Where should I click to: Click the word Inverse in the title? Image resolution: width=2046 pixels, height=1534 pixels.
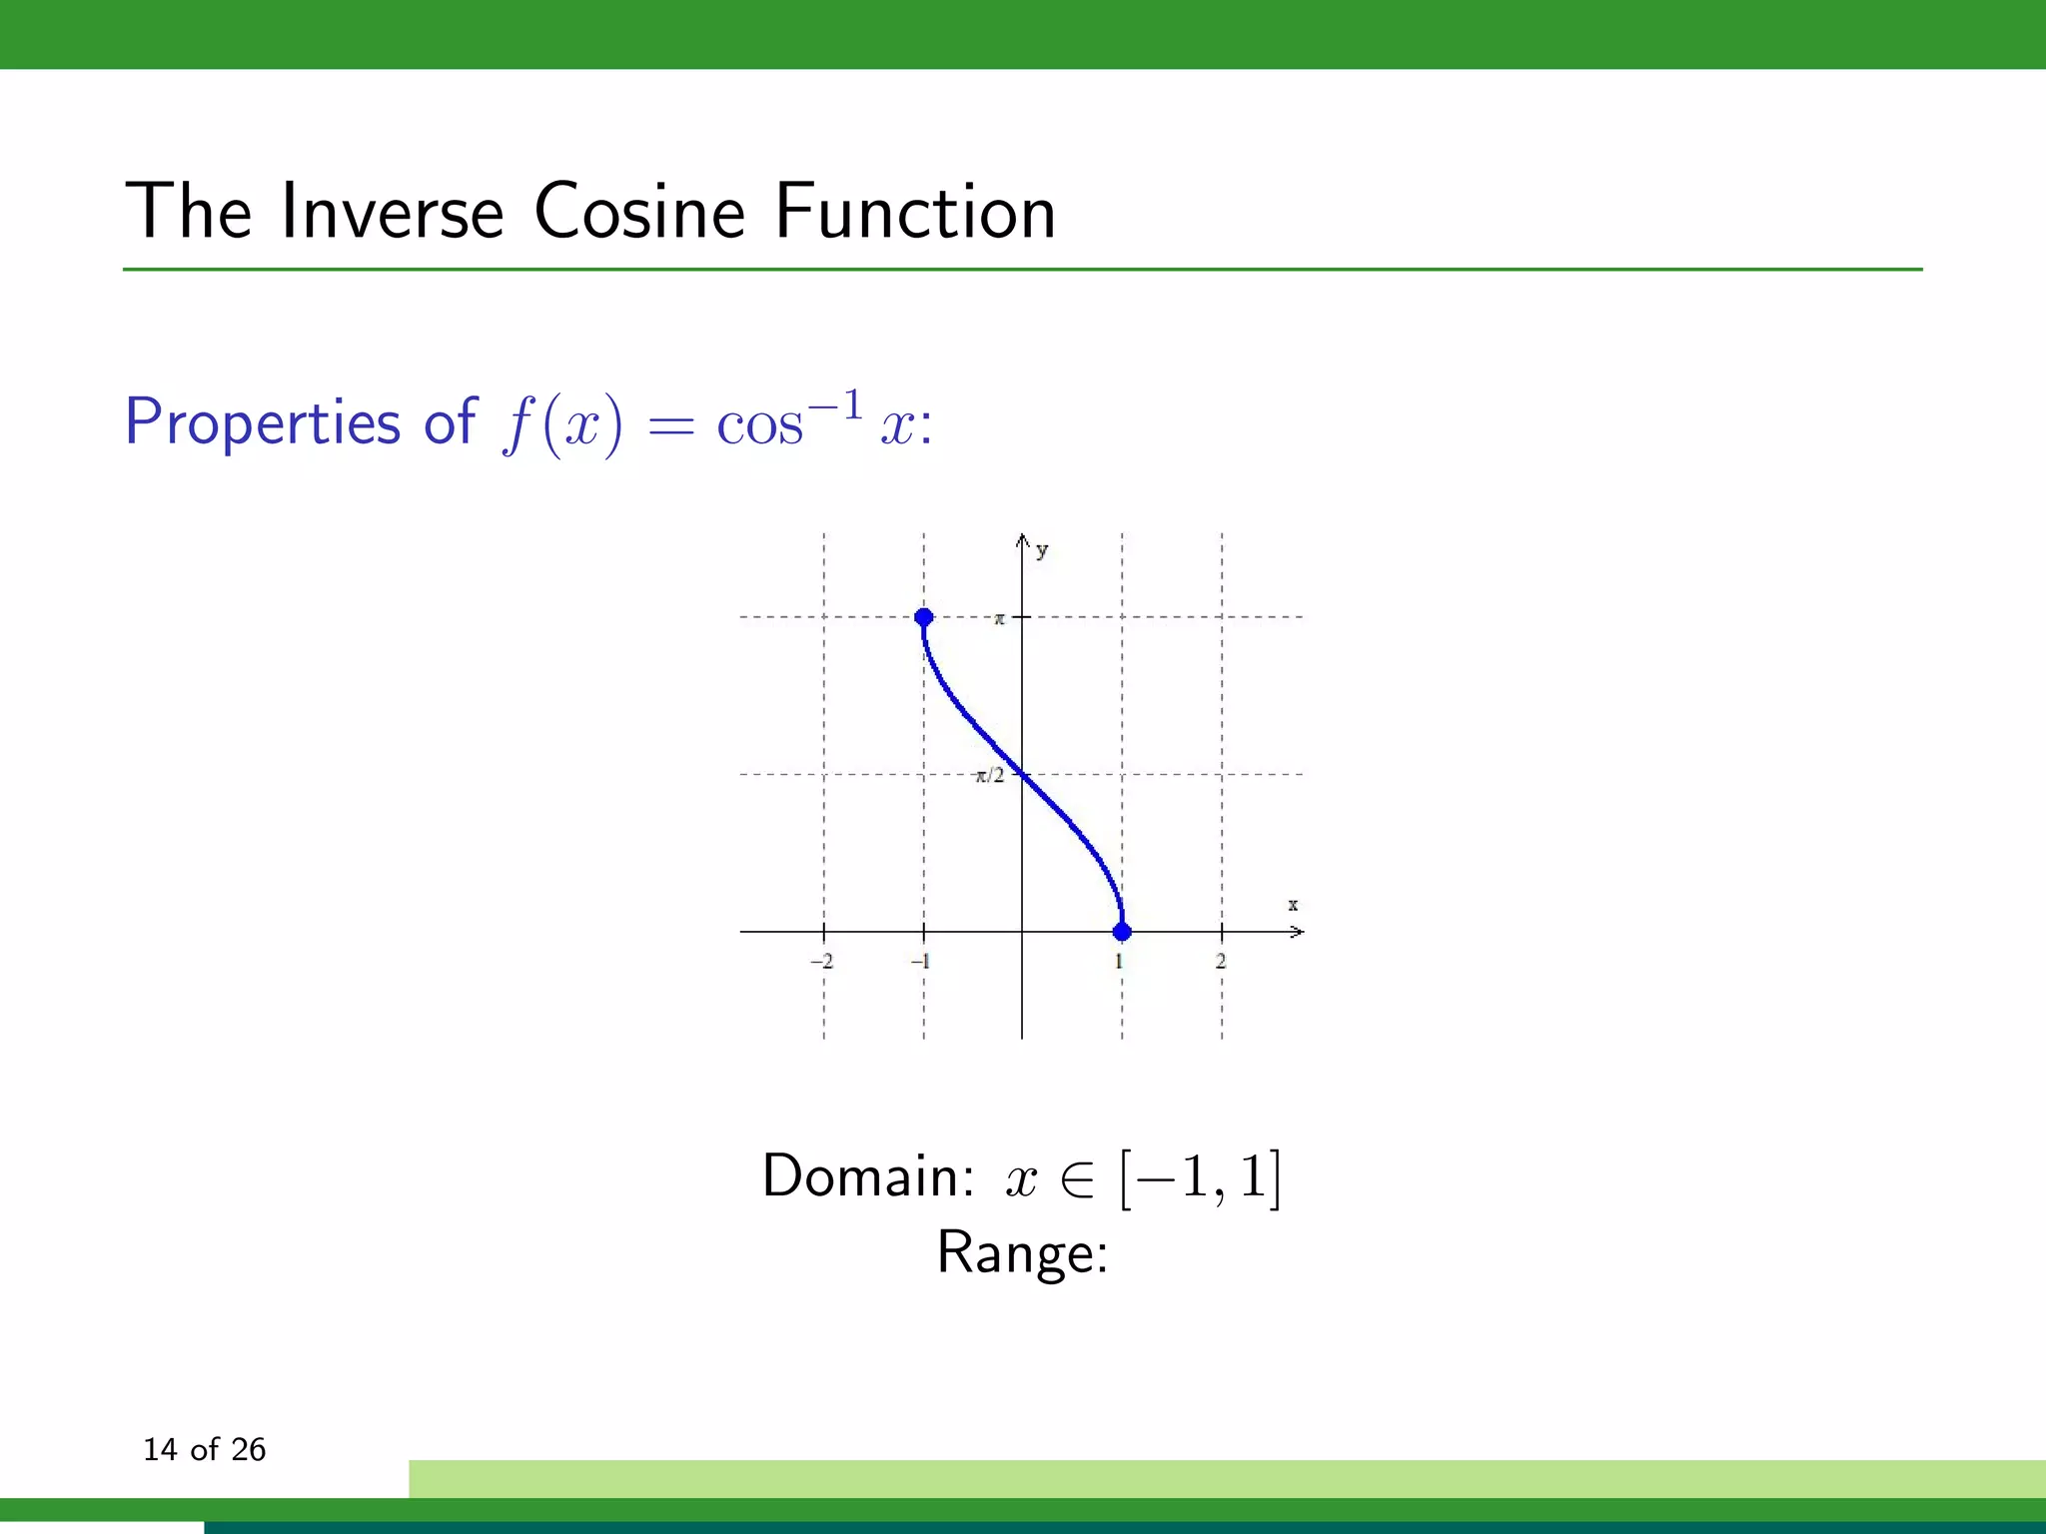tap(393, 212)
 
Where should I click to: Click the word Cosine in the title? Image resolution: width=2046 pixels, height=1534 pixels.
tap(639, 212)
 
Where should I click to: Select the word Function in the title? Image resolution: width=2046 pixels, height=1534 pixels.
tap(915, 212)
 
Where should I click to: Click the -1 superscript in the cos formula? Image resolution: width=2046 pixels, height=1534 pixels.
tap(836, 405)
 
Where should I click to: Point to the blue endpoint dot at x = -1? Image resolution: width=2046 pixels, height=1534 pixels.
tap(924, 617)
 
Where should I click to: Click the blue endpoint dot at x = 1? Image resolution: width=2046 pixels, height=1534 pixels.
tap(1122, 932)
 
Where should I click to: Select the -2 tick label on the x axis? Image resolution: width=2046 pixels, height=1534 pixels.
tap(821, 961)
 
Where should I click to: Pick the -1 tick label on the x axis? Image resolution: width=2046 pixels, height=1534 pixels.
tap(920, 961)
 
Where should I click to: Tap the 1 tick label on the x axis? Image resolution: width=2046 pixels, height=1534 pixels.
tap(1120, 961)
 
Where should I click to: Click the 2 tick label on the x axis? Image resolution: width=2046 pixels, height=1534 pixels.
tap(1221, 961)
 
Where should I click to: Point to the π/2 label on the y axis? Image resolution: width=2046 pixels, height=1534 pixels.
tap(989, 776)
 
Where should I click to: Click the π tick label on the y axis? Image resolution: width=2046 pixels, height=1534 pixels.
tap(999, 619)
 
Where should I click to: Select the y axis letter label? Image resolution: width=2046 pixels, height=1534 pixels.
tap(1042, 550)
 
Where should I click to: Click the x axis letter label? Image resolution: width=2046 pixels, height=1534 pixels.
tap(1293, 905)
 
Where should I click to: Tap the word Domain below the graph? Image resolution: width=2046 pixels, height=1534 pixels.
tap(866, 1175)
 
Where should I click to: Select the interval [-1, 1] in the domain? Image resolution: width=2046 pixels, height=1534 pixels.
tap(1200, 1177)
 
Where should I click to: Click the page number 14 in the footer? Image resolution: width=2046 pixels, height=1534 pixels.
tap(159, 1449)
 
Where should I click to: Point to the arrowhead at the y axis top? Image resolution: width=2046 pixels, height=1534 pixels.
tap(1022, 539)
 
